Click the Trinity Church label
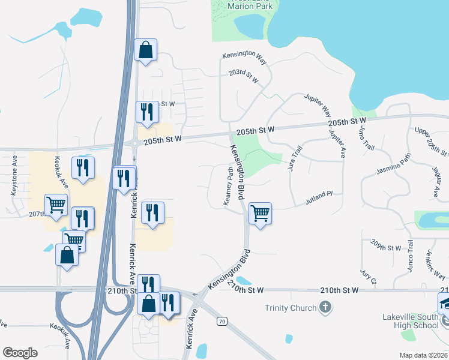[291, 308]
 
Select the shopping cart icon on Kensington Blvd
[260, 213]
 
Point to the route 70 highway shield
[222, 322]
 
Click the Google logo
[20, 352]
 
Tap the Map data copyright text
[423, 355]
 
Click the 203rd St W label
[243, 76]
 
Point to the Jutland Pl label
[318, 195]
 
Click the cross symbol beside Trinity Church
[325, 308]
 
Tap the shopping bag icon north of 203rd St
[146, 50]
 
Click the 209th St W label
[385, 247]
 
